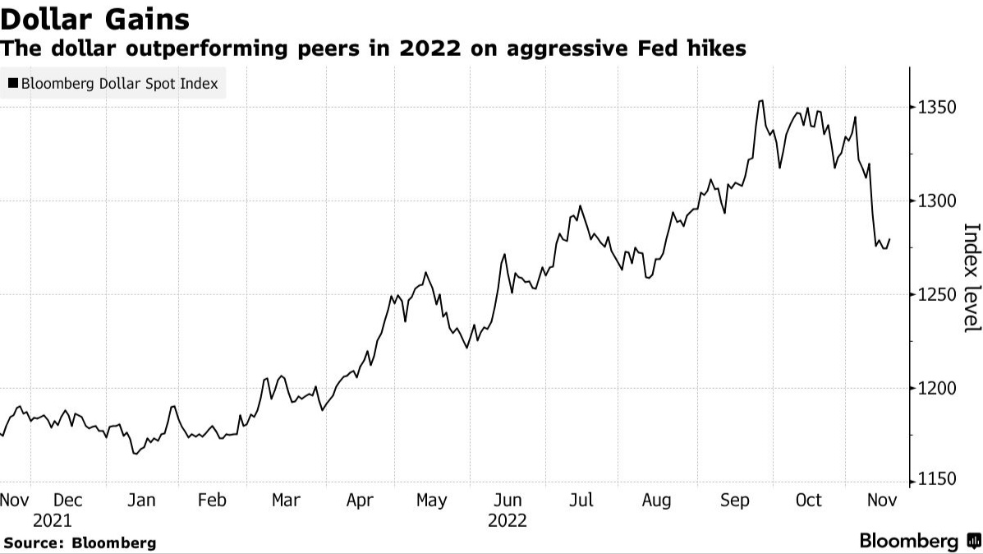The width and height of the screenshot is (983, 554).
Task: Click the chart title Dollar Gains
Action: click(x=95, y=19)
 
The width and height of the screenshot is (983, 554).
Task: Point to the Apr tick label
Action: click(x=361, y=501)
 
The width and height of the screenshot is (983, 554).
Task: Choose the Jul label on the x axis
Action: click(x=581, y=501)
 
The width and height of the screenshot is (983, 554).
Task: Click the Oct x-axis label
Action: click(x=809, y=501)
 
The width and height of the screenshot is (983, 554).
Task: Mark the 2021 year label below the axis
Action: click(x=52, y=521)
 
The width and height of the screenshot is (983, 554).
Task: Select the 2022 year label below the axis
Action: click(x=507, y=521)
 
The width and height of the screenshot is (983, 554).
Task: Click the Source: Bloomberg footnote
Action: click(x=79, y=543)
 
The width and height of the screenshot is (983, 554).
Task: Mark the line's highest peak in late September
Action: click(x=761, y=101)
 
